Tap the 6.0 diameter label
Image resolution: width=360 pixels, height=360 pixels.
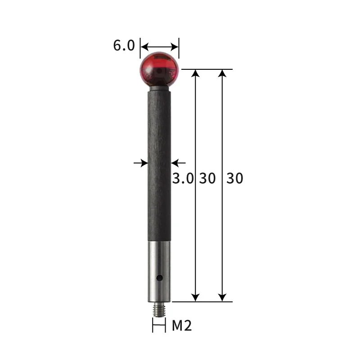click(124, 46)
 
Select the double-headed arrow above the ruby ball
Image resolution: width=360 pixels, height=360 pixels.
click(160, 46)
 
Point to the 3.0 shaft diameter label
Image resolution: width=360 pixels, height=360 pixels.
click(183, 178)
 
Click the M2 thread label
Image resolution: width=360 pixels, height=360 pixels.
click(182, 325)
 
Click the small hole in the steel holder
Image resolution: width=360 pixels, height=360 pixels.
click(159, 278)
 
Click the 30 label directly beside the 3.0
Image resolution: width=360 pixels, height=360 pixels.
click(207, 178)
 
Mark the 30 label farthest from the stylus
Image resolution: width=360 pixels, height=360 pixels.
click(234, 178)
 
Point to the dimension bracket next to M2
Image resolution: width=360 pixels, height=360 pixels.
click(159, 325)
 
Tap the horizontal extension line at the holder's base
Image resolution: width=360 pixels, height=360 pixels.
click(202, 301)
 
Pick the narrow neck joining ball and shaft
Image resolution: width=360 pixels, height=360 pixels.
click(159, 88)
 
